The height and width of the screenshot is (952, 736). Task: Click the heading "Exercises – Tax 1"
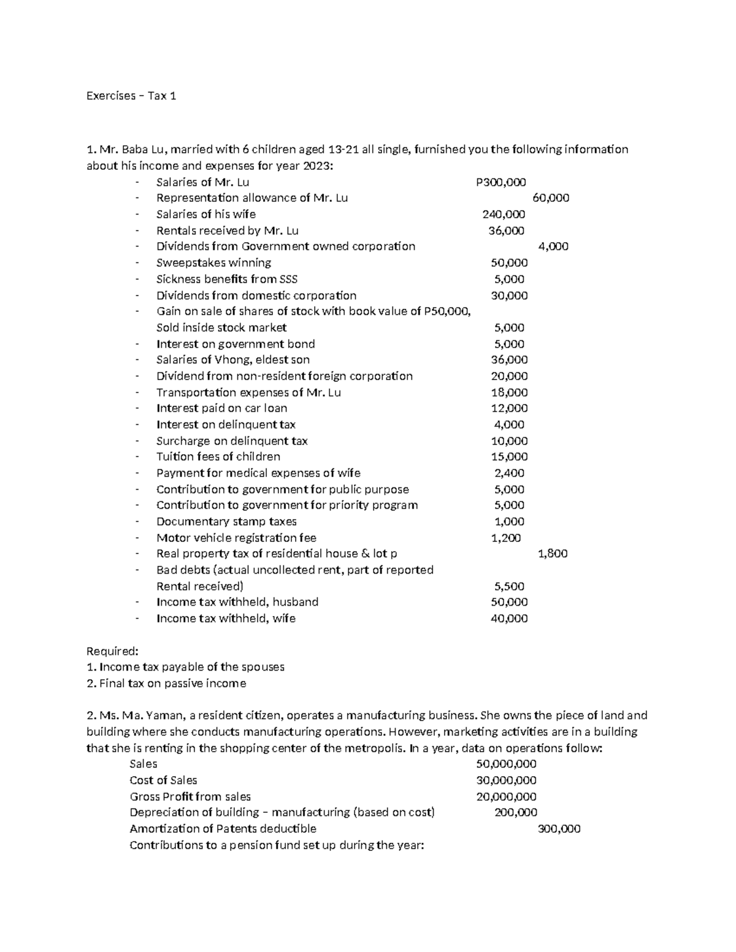tap(131, 96)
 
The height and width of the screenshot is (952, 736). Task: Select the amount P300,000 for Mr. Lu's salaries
tap(501, 182)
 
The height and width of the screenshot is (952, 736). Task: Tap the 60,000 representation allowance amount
tap(550, 198)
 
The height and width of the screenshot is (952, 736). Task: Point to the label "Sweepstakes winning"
tap(213, 263)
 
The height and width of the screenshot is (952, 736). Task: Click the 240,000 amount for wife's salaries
tap(504, 214)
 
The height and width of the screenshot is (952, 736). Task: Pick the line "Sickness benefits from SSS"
tap(226, 279)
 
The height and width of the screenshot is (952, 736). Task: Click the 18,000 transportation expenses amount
tap(509, 392)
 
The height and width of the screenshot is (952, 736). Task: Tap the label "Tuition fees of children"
tap(218, 457)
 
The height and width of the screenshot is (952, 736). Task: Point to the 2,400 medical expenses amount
tap(509, 473)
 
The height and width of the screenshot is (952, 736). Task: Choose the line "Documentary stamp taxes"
tap(226, 522)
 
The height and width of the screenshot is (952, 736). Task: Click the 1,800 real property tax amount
tap(553, 554)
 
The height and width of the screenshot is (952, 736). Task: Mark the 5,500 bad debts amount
tap(509, 586)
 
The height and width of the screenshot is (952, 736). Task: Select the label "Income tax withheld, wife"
tap(226, 619)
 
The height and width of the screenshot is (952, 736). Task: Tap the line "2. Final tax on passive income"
tap(166, 683)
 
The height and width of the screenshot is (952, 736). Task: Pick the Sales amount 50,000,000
tap(506, 764)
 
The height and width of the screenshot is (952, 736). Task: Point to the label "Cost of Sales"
tap(163, 780)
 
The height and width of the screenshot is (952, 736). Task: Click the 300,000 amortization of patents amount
tap(558, 829)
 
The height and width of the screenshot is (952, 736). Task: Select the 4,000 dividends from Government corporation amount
tap(553, 246)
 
